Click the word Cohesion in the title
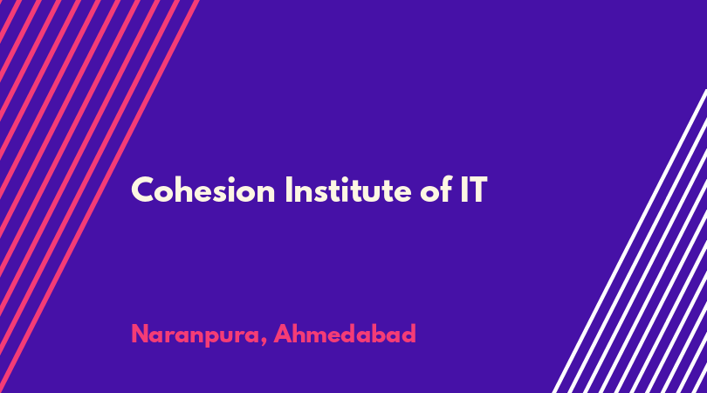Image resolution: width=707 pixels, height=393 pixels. click(x=202, y=190)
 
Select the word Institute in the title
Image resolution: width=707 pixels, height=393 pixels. click(x=348, y=190)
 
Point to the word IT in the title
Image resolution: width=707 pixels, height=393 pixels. click(x=474, y=190)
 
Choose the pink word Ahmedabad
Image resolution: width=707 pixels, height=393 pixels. click(x=345, y=334)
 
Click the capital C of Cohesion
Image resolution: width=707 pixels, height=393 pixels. click(x=143, y=190)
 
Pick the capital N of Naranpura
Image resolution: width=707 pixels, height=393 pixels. click(x=141, y=334)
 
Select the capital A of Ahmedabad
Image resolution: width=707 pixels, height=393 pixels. click(x=284, y=334)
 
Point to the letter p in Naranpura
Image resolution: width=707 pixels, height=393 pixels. click(x=206, y=338)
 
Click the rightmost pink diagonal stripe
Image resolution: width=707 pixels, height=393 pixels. click(x=100, y=196)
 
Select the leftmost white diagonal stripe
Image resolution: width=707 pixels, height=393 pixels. click(x=630, y=241)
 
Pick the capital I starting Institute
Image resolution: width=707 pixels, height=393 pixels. click(x=289, y=190)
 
